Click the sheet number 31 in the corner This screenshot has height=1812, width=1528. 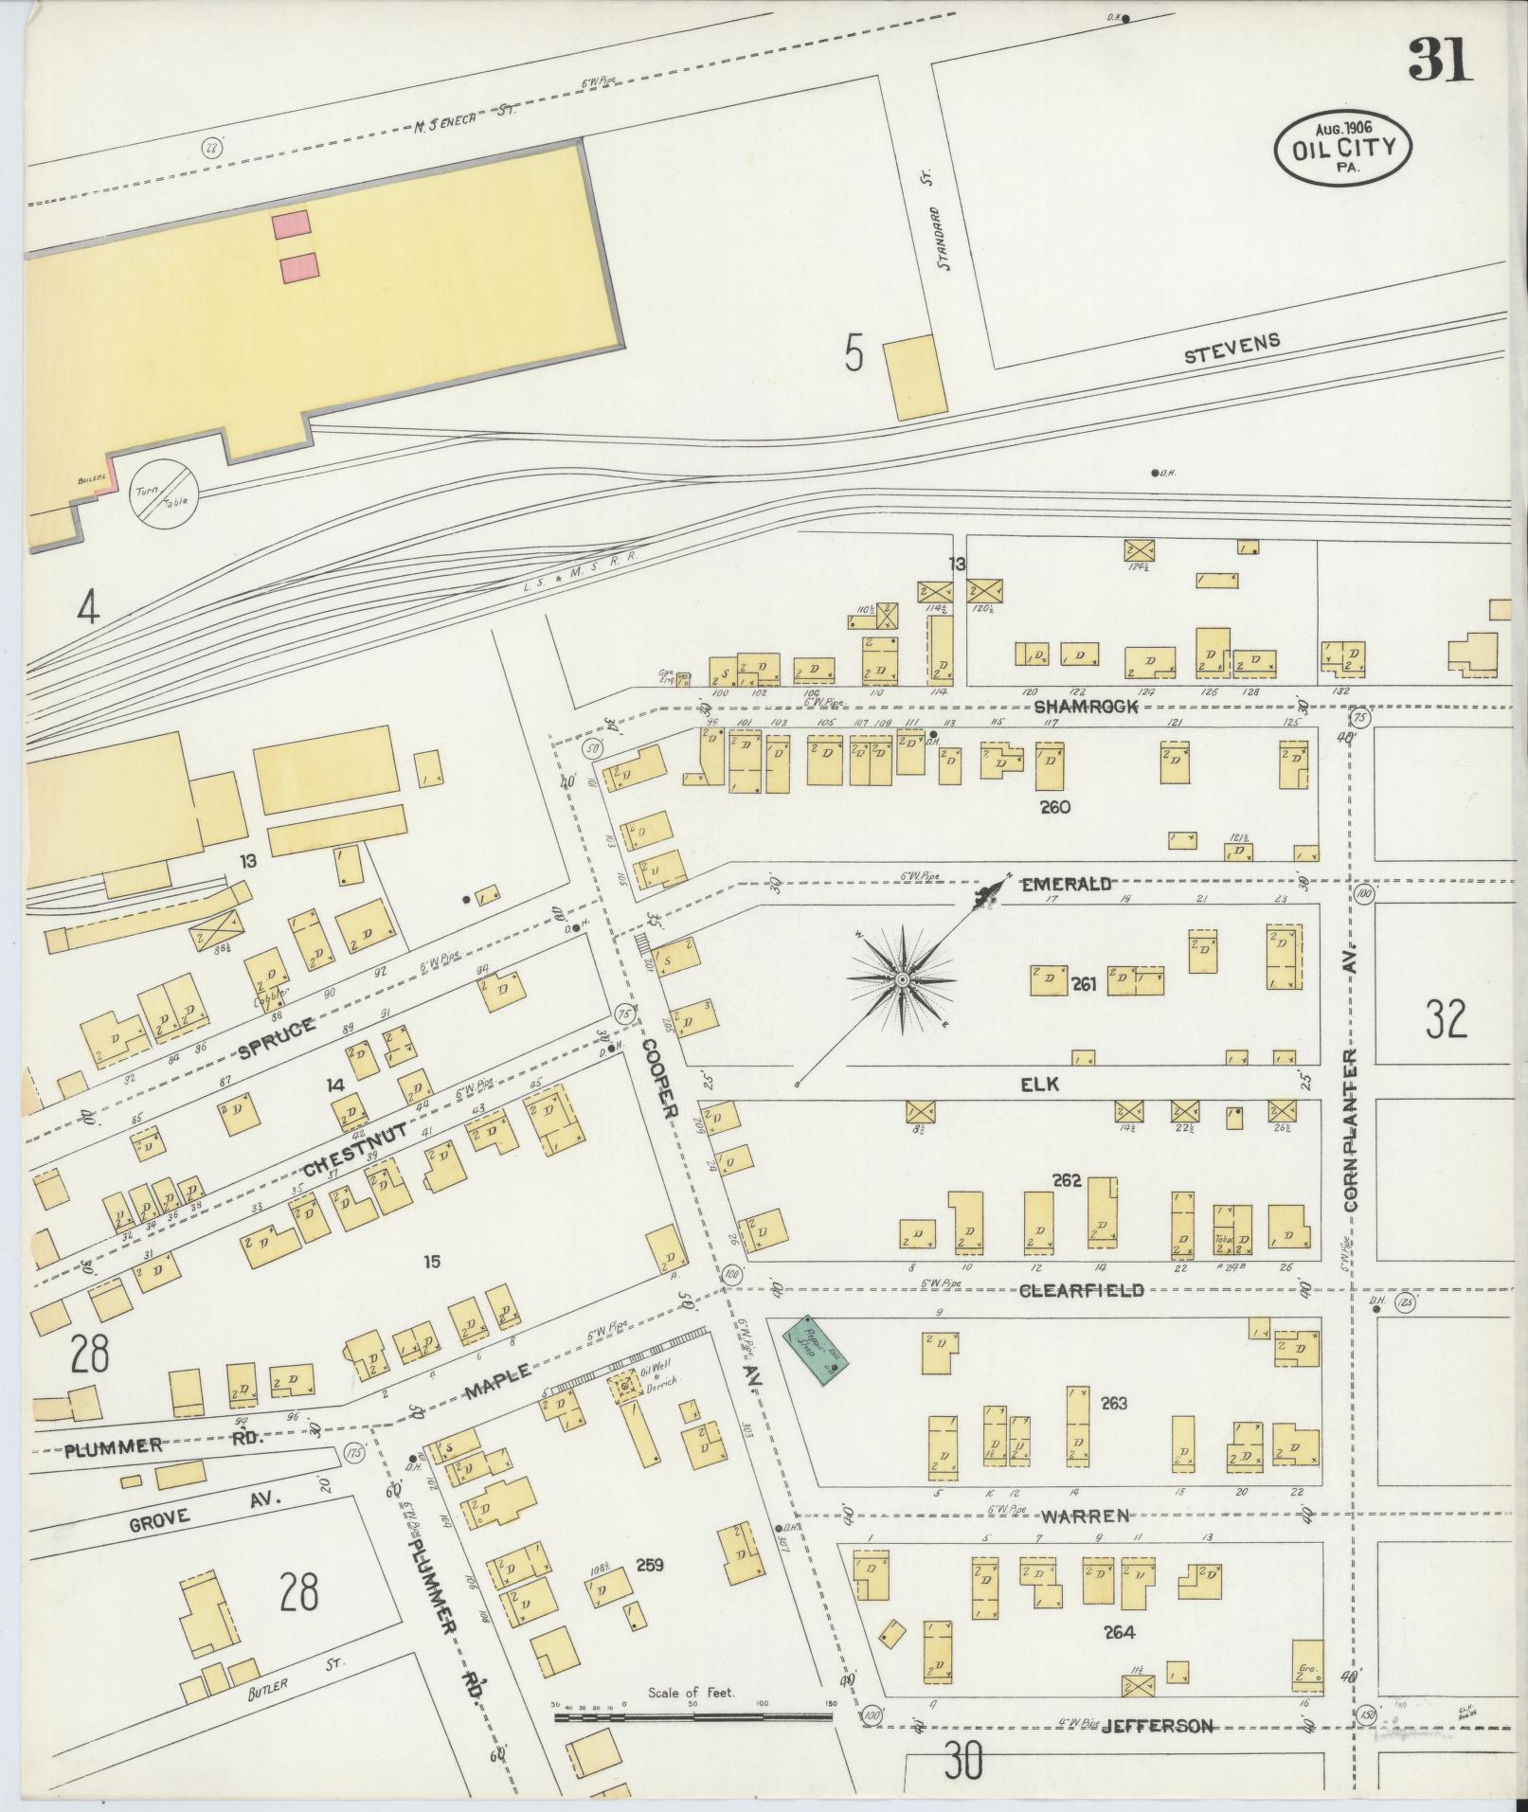click(x=1440, y=60)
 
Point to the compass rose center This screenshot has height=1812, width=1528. click(x=903, y=978)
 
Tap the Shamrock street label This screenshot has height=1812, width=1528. click(x=1084, y=707)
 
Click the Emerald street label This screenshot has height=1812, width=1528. click(x=1065, y=884)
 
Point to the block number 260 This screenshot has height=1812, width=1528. click(x=1054, y=807)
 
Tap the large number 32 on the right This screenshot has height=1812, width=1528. click(x=1446, y=1018)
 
